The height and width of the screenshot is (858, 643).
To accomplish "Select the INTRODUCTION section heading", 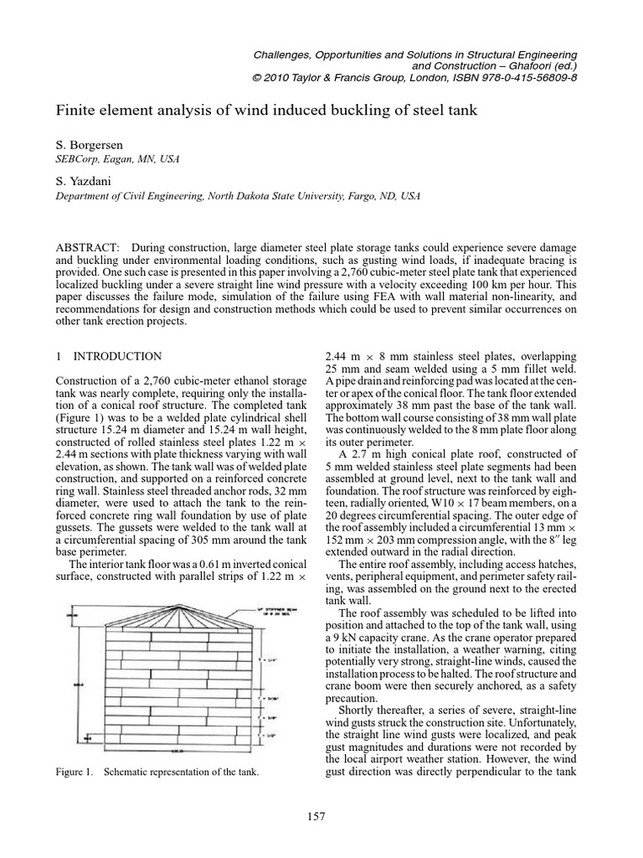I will [115, 356].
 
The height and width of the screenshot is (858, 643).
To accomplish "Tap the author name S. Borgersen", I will [89, 145].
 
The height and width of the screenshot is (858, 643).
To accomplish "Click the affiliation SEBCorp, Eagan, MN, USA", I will [116, 159].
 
